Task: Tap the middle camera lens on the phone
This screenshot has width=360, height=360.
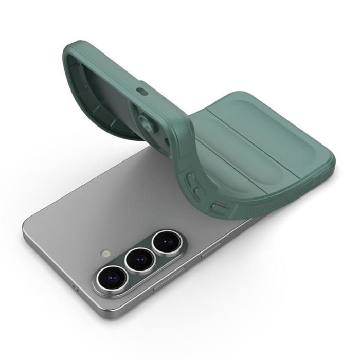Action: pos(139,260)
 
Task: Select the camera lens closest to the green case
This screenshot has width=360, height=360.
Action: pos(166,241)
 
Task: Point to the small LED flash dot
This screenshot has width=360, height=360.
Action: pos(106,254)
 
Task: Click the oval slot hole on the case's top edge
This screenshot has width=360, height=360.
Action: pos(141,91)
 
